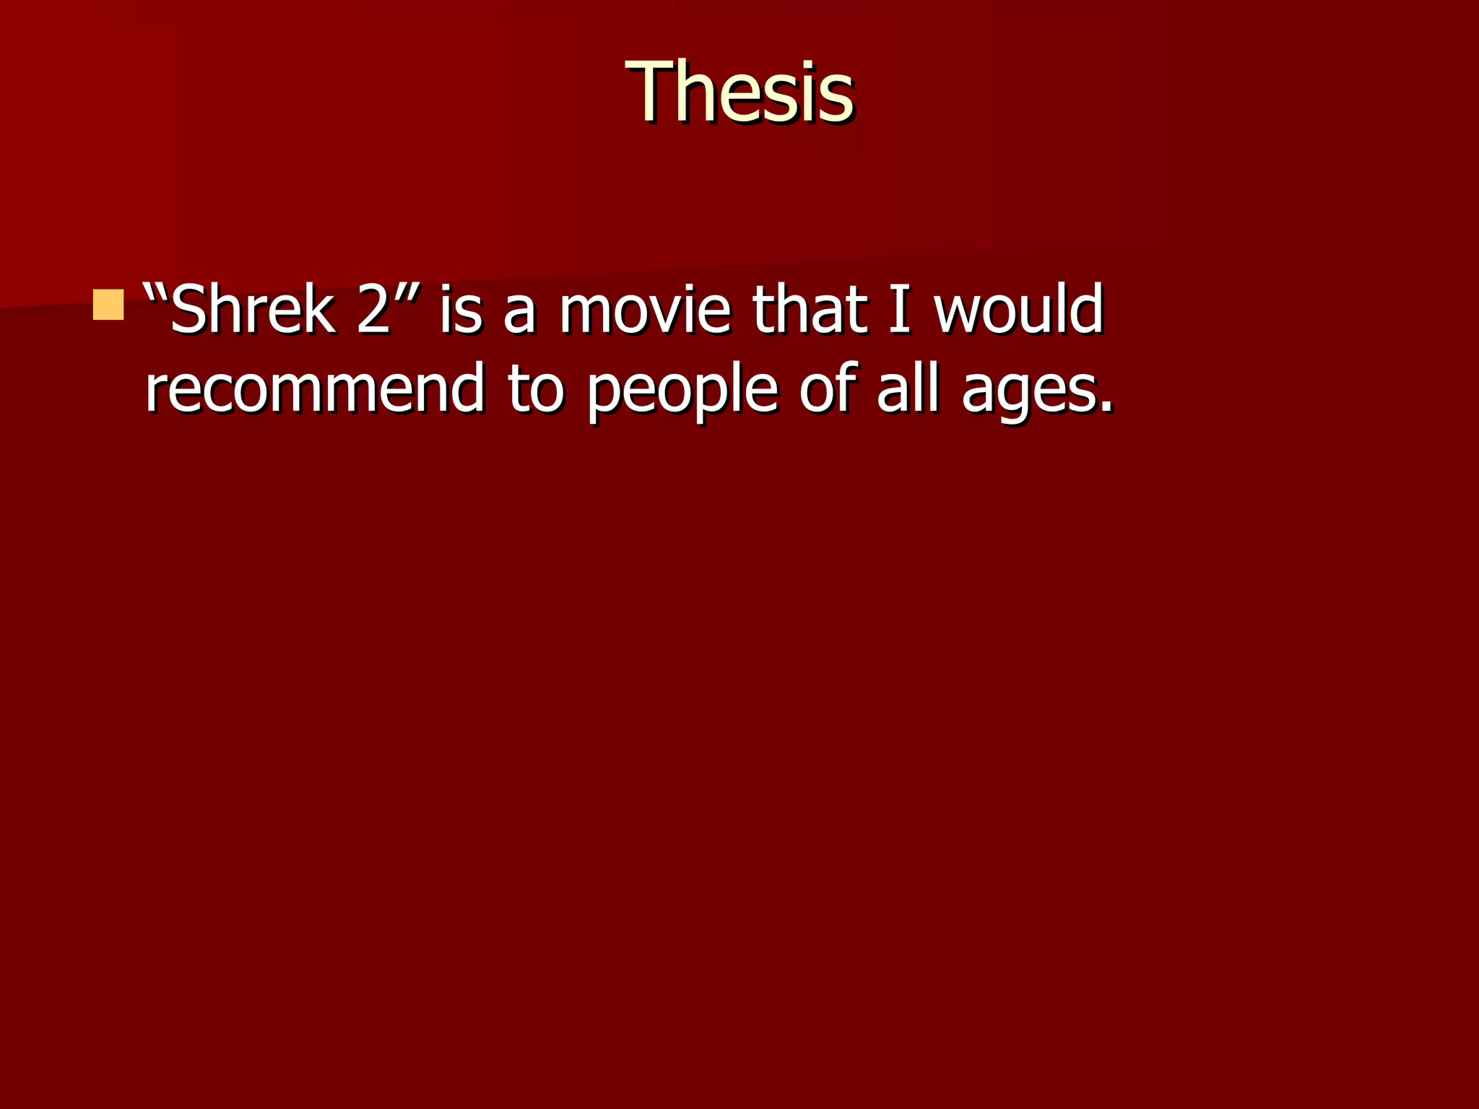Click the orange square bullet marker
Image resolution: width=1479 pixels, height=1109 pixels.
108,305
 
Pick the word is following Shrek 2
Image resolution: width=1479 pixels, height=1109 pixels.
460,309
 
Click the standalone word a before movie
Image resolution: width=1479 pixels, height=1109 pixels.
519,314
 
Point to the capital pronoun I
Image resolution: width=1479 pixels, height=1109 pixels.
899,309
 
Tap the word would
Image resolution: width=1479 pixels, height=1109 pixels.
1018,309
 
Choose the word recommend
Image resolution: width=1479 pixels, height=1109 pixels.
315,388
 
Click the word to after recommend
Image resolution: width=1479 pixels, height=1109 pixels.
535,390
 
